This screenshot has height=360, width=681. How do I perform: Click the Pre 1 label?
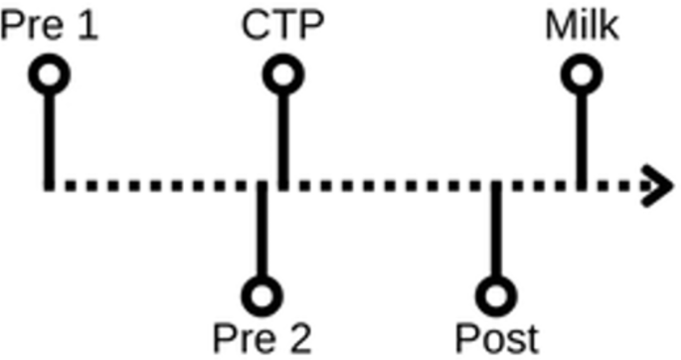pos(50,25)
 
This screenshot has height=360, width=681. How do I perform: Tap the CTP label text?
pos(282,25)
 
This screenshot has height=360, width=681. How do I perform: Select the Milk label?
pos(582,25)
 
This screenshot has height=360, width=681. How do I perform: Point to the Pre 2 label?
pos(262,338)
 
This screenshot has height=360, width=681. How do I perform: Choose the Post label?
pos(497,338)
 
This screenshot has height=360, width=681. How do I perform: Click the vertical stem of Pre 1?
pos(49,142)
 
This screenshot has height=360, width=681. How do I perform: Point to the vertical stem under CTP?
pos(283,142)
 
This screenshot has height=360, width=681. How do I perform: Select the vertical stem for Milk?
pos(582,142)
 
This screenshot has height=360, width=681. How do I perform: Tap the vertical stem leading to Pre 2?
pos(261,229)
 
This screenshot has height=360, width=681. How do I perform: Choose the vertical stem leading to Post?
pos(496,229)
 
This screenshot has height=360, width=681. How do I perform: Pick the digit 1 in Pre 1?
pos(88,26)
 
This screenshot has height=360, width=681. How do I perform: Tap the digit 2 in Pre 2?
pos(301,338)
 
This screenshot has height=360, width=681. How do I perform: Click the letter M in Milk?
pos(560,26)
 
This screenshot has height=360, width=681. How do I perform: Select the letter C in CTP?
pos(255,26)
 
